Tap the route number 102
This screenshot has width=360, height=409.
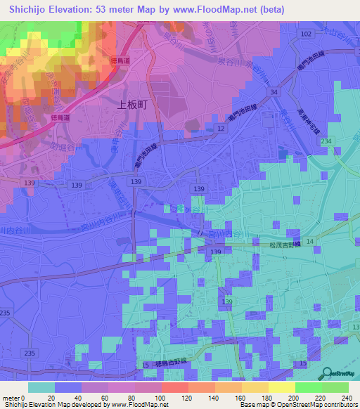coord(305,34)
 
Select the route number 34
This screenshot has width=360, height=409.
coord(271,92)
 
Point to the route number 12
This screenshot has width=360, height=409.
coord(221,129)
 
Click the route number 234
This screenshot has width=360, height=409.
coord(326,142)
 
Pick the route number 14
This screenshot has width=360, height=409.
coord(310,241)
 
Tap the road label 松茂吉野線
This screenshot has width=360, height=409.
coord(282,245)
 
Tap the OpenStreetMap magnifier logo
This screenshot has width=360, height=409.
coord(326,373)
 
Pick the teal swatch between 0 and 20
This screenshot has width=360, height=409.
coord(41,387)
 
